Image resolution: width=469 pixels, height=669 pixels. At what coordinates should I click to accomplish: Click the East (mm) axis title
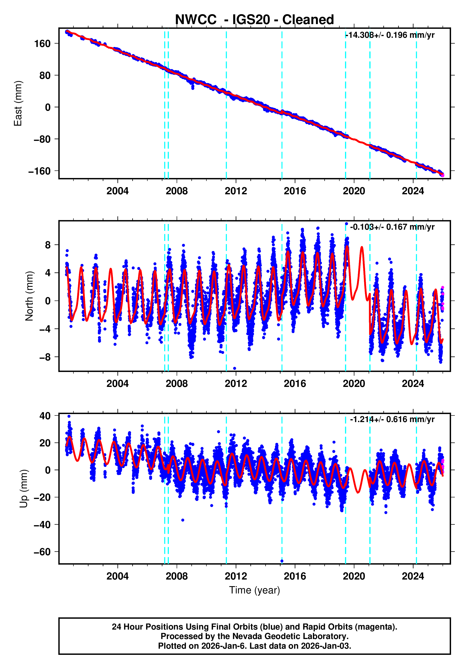[18, 103]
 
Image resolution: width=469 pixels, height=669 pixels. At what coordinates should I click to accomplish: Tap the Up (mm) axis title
[24, 489]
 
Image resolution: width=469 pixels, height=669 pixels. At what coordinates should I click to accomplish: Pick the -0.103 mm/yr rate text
[392, 227]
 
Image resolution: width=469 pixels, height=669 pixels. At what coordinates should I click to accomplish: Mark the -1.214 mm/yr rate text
[392, 419]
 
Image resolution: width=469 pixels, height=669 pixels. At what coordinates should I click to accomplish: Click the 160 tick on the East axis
[43, 44]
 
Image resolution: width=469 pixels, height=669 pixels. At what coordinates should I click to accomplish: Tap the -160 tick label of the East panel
[39, 171]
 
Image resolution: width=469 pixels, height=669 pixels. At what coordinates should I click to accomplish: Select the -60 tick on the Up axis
[42, 552]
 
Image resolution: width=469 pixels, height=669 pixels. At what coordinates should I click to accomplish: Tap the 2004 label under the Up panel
[117, 576]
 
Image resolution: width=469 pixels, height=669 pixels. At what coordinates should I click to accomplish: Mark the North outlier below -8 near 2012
[235, 368]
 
